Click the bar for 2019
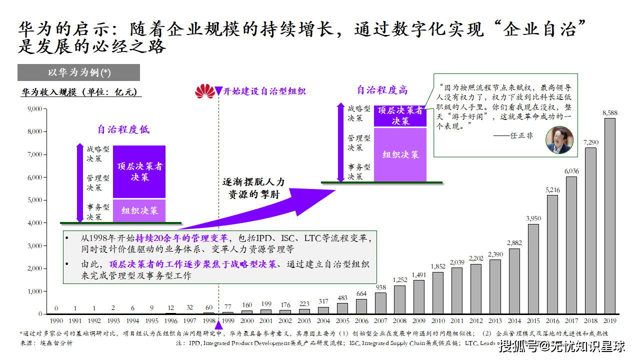point(609,216)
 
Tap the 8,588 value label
point(609,113)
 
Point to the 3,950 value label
point(533,218)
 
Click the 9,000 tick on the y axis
point(33,109)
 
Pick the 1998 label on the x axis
point(208,321)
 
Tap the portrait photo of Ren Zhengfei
point(558,140)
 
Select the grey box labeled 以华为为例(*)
point(79,72)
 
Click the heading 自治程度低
point(123,130)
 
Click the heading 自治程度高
point(382,90)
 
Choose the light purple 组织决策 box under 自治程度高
point(400,154)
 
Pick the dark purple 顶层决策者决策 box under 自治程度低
point(139,171)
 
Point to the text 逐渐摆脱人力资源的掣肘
point(253,188)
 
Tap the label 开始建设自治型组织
point(264,91)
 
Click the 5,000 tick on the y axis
point(33,200)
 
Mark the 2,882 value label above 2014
point(514,243)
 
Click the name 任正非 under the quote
point(520,135)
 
